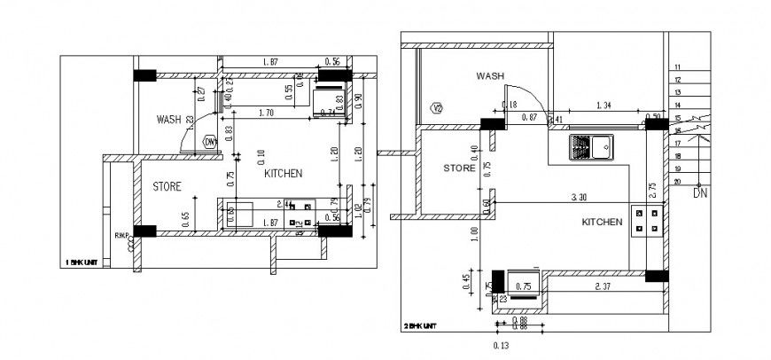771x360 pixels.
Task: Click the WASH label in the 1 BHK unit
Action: (168, 119)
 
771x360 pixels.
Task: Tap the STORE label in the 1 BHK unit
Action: (167, 186)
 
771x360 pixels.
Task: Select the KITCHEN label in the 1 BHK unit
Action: (284, 174)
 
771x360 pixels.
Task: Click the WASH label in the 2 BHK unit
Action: (490, 76)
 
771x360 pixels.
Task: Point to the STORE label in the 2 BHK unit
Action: (459, 167)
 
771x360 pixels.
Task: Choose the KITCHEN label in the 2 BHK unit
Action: (602, 222)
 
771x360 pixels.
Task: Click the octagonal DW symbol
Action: (210, 141)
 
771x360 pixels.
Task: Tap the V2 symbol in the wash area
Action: (436, 108)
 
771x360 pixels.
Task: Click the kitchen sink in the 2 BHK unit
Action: (590, 147)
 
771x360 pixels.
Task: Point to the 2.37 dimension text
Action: (603, 286)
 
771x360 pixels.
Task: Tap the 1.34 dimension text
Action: (604, 106)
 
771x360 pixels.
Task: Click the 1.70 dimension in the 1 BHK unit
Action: (265, 113)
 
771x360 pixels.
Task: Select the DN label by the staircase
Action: (700, 192)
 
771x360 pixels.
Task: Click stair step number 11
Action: (677, 67)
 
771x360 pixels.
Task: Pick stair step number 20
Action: (677, 181)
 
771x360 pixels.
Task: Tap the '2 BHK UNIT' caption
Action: (420, 326)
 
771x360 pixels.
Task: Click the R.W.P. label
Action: (122, 235)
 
